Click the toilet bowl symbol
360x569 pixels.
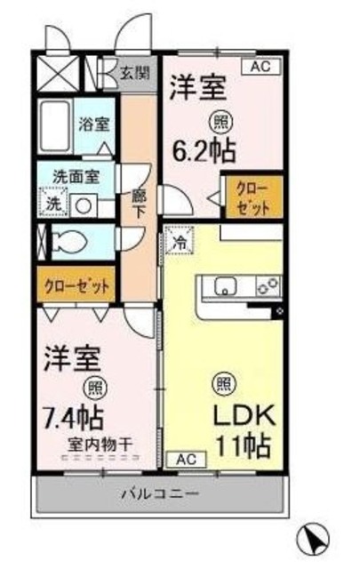[x=68, y=240]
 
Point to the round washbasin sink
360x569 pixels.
[x=84, y=203]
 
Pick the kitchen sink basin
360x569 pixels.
[x=223, y=285]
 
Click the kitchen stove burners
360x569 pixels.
[x=268, y=285]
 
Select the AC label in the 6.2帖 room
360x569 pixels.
[x=260, y=66]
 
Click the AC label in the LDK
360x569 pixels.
[x=182, y=459]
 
